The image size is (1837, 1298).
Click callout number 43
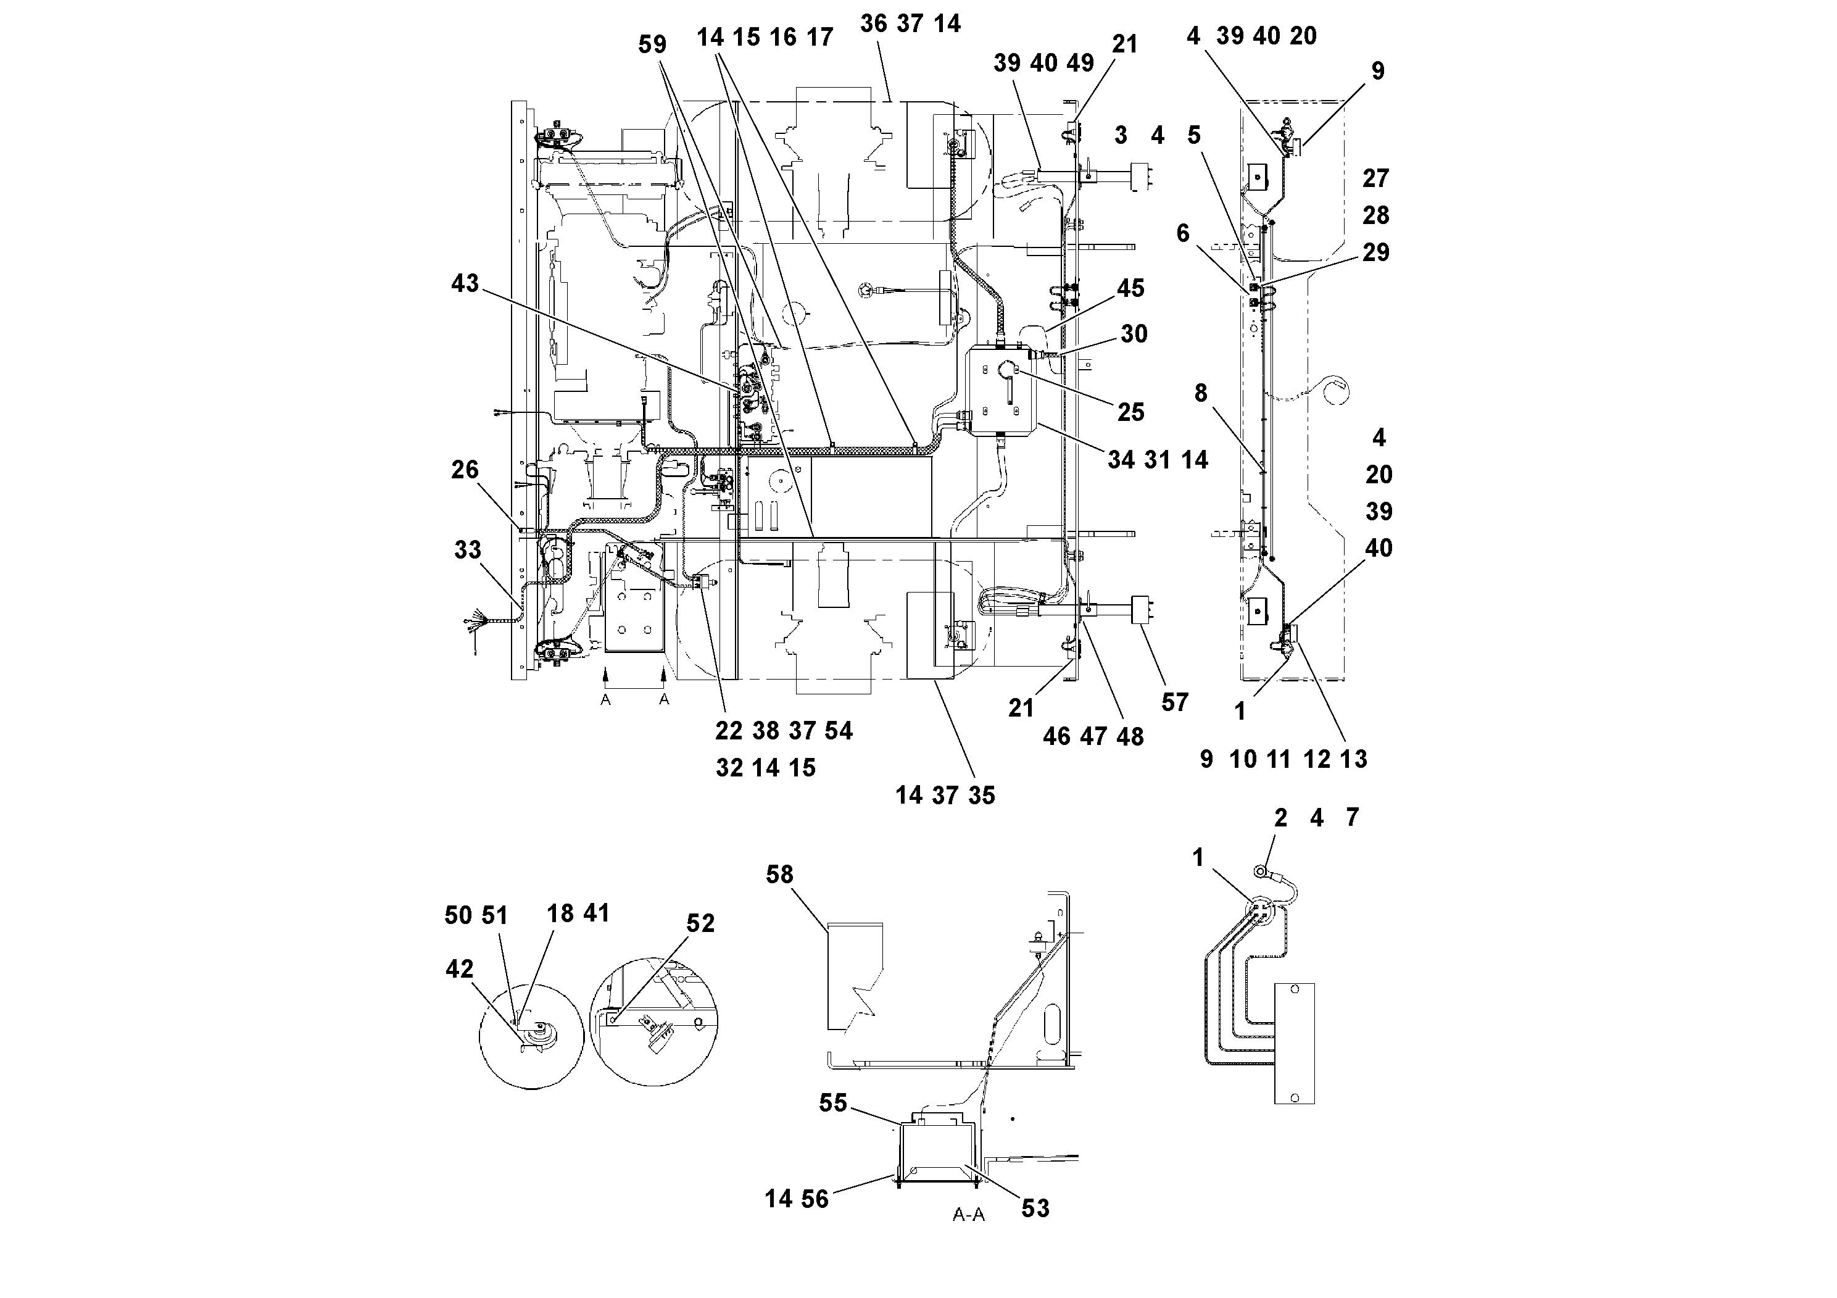point(465,283)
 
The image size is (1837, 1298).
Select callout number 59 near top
point(652,45)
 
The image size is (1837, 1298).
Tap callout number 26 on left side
point(465,470)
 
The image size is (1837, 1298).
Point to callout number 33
point(468,550)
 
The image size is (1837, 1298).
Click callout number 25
point(1130,412)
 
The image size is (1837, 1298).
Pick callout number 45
point(1130,288)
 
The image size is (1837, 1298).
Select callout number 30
point(1134,334)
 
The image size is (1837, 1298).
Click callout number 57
point(1174,702)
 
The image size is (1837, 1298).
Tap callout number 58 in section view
point(779,875)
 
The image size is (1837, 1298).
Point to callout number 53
point(1035,1209)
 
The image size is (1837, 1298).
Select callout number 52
point(700,923)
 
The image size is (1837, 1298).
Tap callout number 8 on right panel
point(1200,393)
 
